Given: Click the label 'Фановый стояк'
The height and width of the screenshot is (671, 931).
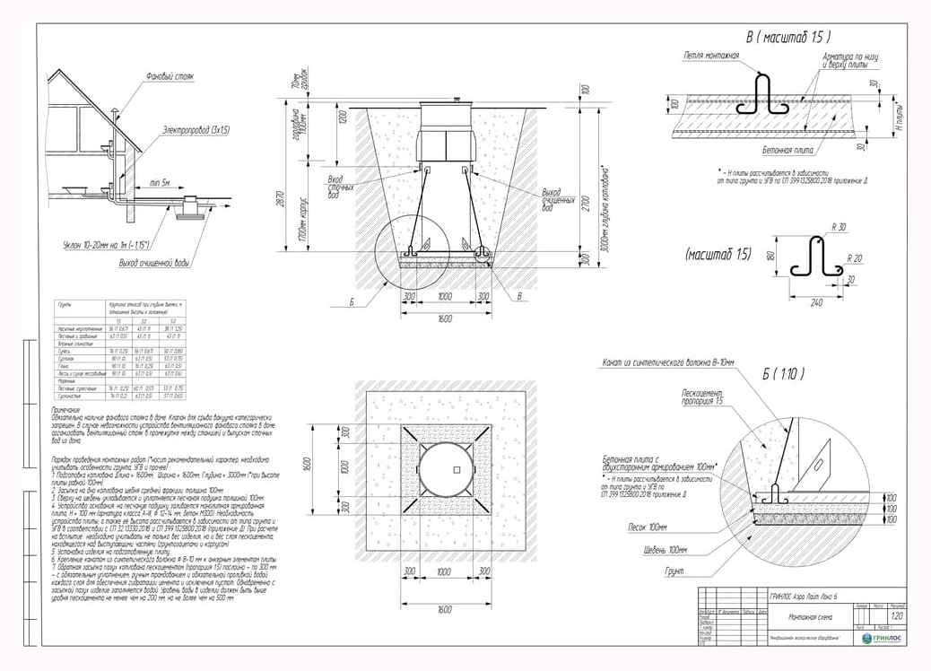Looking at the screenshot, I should [x=170, y=78].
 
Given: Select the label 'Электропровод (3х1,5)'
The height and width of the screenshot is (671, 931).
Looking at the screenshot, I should [x=196, y=131].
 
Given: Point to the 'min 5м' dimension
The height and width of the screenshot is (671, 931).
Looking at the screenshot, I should [x=161, y=183].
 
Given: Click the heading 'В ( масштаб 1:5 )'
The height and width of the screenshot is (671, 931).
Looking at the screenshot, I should [x=788, y=37].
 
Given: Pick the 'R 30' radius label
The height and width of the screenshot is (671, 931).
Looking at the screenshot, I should [x=840, y=227].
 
